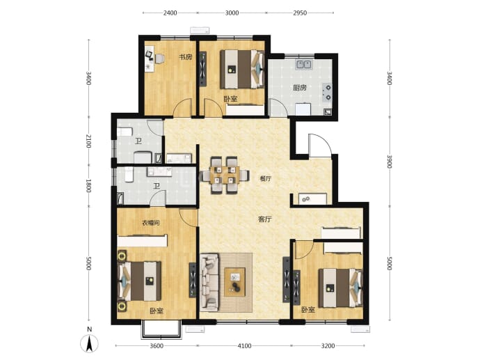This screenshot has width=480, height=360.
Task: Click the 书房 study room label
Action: [x=186, y=57]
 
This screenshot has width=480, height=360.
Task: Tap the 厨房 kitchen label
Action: [x=300, y=88]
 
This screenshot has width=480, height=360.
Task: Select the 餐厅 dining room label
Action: [x=266, y=179]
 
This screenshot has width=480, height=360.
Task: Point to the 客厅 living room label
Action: [x=265, y=219]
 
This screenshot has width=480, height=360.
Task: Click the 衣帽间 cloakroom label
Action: [x=151, y=223]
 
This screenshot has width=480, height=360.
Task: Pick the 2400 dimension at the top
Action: [x=170, y=13]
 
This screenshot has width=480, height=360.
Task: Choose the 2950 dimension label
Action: [x=300, y=13]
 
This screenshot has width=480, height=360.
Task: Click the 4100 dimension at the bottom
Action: [x=245, y=346]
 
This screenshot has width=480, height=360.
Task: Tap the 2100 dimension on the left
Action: [x=88, y=141]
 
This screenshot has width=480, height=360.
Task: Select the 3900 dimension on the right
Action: [x=390, y=162]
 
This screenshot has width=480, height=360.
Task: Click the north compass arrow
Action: [x=89, y=343]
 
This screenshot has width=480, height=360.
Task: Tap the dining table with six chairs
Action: [x=225, y=175]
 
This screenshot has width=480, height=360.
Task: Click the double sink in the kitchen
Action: [x=304, y=64]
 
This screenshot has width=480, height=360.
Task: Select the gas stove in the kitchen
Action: [x=327, y=93]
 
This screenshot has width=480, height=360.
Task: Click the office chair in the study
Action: [x=159, y=58]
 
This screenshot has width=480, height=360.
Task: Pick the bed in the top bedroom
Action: [x=242, y=69]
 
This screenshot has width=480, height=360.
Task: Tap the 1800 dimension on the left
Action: [x=88, y=186]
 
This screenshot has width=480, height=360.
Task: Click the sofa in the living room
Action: [x=209, y=282]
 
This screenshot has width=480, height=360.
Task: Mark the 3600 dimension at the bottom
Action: [x=157, y=346]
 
